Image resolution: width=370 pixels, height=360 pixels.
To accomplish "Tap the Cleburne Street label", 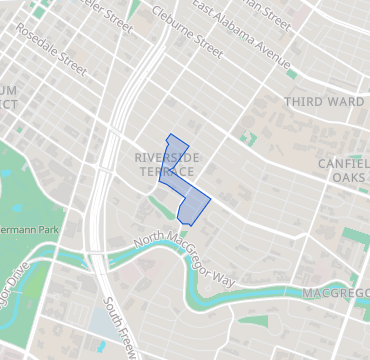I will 187,32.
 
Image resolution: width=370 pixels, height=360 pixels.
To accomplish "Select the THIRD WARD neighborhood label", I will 318,102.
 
